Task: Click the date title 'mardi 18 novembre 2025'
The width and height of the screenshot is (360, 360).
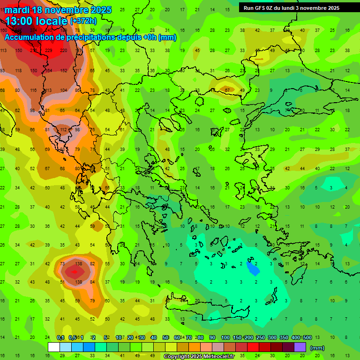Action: [58, 10]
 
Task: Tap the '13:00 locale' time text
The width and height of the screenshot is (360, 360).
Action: [37, 21]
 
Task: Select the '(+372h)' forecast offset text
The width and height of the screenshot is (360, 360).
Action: [83, 21]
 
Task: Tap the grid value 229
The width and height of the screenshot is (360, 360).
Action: [48, 51]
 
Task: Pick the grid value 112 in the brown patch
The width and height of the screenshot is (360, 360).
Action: [63, 130]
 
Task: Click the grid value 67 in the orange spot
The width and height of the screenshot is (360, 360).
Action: [227, 90]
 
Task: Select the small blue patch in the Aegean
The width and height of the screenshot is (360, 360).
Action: [253, 268]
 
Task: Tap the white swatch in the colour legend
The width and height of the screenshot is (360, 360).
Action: [54, 347]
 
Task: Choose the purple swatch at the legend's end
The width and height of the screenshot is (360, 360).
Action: [300, 347]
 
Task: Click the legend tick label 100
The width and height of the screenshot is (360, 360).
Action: [225, 337]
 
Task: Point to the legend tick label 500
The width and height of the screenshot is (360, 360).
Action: [307, 337]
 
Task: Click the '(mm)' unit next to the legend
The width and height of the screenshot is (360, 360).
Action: [317, 348]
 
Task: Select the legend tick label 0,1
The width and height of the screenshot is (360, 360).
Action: [60, 337]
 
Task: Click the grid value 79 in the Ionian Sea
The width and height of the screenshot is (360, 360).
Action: [92, 300]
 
